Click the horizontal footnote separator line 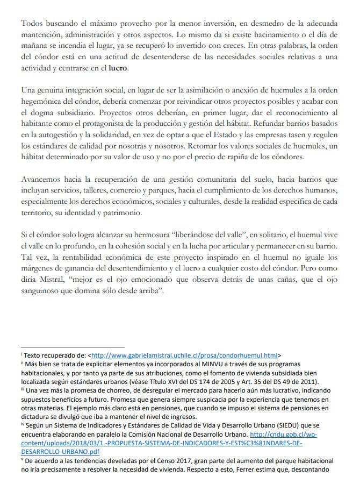click(73, 347)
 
